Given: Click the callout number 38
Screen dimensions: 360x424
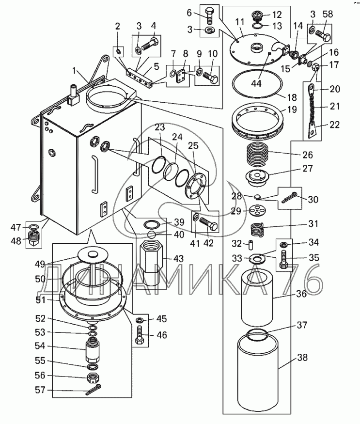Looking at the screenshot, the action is click(302, 358).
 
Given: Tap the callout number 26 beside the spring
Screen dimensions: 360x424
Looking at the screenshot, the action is click(308, 155).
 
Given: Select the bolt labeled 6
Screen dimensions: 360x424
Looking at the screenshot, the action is click(210, 16).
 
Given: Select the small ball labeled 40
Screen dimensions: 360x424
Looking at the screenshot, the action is click(152, 234).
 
